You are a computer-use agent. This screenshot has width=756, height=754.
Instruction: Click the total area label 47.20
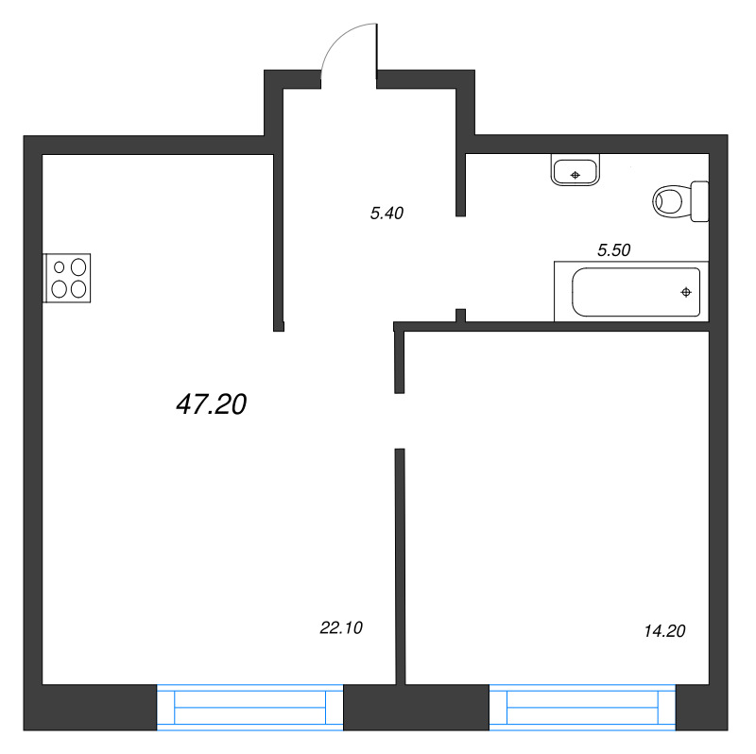point(211,404)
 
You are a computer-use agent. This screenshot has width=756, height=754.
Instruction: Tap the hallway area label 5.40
point(387,214)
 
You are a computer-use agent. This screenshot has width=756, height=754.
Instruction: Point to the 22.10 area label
point(342,626)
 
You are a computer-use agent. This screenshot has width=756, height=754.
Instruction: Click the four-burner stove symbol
point(67,279)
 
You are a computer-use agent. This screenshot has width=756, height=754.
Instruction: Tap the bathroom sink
point(575,172)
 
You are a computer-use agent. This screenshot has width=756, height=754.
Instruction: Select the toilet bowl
point(670,200)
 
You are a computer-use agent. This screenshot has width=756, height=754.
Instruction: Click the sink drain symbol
point(574,175)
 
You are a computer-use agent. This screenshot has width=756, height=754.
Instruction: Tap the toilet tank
point(699,200)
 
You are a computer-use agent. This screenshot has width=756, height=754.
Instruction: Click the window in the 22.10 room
point(249,707)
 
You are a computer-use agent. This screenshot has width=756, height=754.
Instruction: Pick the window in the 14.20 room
point(582,707)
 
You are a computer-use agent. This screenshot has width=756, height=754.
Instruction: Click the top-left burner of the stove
point(59,267)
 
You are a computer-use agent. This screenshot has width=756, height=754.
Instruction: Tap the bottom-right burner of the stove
point(77,289)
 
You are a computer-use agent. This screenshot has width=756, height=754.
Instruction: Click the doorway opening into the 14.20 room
point(400,420)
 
